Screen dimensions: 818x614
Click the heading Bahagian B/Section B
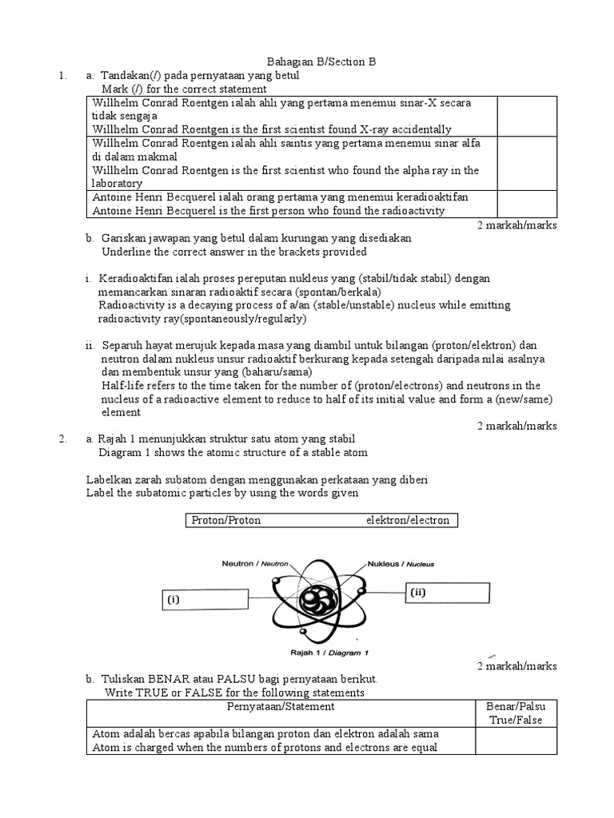(x=320, y=62)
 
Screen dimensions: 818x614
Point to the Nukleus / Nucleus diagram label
(x=401, y=563)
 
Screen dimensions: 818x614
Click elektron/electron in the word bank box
(x=408, y=521)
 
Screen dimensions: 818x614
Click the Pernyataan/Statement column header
(x=281, y=707)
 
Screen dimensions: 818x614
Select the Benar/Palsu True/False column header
(x=516, y=713)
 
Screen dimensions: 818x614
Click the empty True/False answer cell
(x=516, y=741)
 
